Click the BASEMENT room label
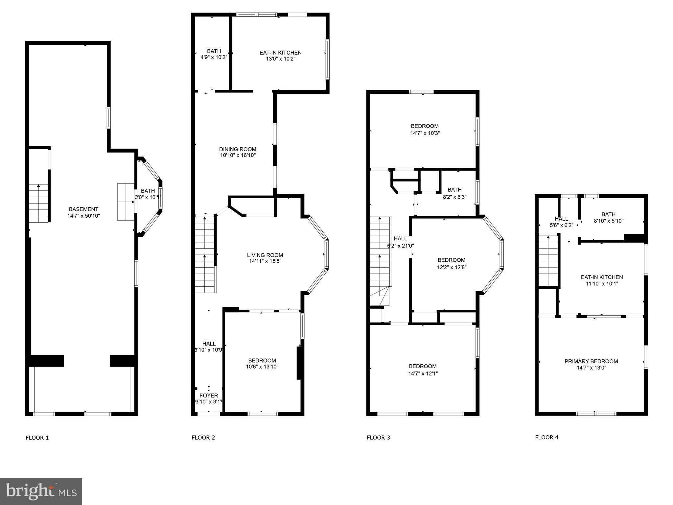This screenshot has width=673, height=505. click(x=83, y=209)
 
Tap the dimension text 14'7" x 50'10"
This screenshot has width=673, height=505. click(x=83, y=216)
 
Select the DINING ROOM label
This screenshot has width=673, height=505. click(x=238, y=149)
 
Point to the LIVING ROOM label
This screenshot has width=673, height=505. click(x=265, y=255)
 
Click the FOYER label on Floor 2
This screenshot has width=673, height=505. click(x=209, y=396)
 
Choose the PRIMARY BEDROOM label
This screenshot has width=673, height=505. click(x=591, y=361)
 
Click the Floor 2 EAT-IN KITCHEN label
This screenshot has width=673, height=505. click(x=280, y=53)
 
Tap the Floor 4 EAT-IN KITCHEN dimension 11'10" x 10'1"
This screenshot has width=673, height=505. click(x=602, y=284)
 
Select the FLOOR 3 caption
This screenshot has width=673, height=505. click(x=378, y=437)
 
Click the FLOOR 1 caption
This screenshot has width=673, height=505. click(x=37, y=438)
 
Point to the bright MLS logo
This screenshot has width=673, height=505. click(x=41, y=491)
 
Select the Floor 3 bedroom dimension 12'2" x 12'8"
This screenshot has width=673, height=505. click(x=452, y=267)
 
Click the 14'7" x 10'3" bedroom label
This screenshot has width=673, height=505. click(x=425, y=126)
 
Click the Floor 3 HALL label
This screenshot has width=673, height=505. click(x=400, y=239)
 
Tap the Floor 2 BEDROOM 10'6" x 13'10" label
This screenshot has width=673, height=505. click(x=262, y=360)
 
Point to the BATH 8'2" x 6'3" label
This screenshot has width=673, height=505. click(x=454, y=190)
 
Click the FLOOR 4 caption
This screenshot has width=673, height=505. click(x=546, y=437)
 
